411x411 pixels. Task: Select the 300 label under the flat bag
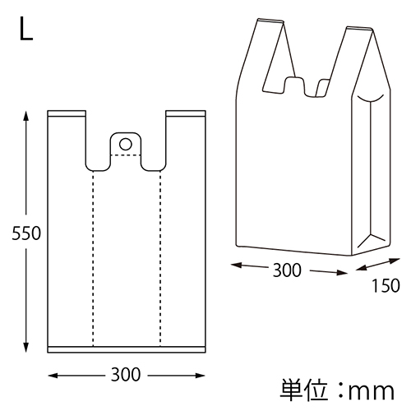125,375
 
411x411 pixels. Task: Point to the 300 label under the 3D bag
287,270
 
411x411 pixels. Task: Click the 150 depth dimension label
386,286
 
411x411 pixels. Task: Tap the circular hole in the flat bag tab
126,144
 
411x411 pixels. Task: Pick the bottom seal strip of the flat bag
125,349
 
